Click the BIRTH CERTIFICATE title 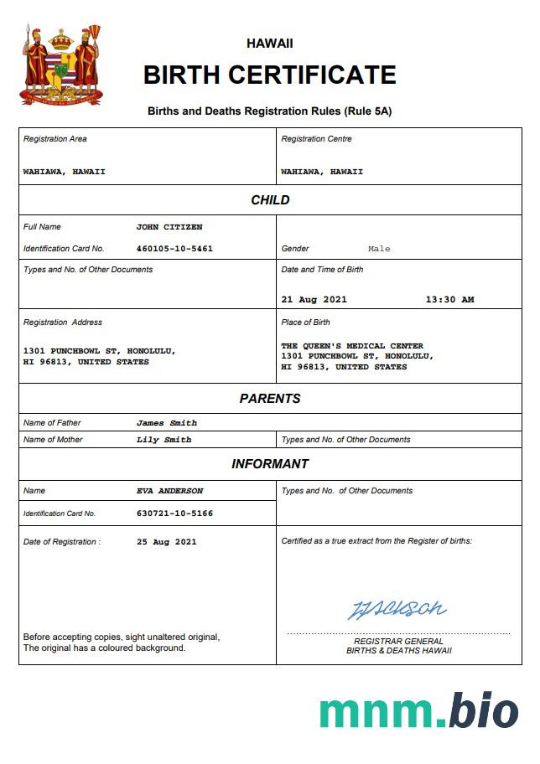pos(269,75)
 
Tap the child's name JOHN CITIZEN pos(169,227)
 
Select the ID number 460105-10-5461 pos(174,249)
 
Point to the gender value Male pos(379,249)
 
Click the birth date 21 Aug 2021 pos(314,299)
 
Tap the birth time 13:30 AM pos(449,299)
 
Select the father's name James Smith pos(167,423)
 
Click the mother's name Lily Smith pos(164,440)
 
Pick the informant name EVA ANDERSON pos(169,491)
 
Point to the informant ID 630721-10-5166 pos(174,513)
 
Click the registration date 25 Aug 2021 pos(166,542)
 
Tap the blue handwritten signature pos(397,609)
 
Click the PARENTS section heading pos(270,399)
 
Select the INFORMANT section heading pos(270,464)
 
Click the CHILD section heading pos(270,200)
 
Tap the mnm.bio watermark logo pos(418,710)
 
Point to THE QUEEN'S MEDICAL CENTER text pos(352,346)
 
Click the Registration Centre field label pos(316,139)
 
